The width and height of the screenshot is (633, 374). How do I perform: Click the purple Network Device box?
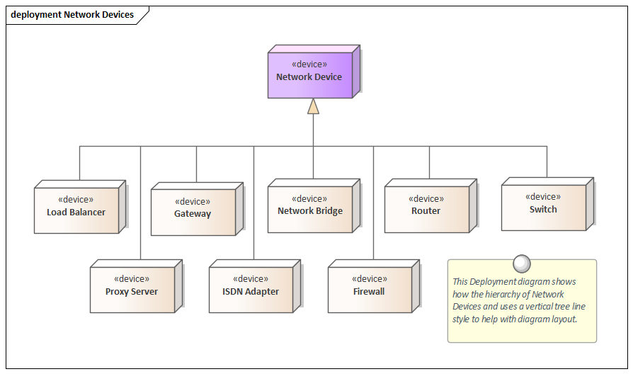pos(309,74)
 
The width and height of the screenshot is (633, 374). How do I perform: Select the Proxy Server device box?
pos(132,289)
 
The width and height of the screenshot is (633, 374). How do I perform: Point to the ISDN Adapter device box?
pos(251,289)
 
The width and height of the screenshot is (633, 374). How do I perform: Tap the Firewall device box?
pos(370,289)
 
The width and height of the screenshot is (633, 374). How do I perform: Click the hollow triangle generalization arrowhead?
pos(313,106)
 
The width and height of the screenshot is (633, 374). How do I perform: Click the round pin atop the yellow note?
pos(522,263)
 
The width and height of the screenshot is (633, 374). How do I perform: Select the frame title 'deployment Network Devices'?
pos(72,14)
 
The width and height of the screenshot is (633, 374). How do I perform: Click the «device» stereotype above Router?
pos(426,199)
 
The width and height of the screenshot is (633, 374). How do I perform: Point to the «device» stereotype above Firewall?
pos(369,279)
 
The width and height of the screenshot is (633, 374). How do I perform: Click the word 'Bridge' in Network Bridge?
pos(329,211)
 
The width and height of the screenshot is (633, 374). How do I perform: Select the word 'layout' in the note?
pos(564,319)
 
